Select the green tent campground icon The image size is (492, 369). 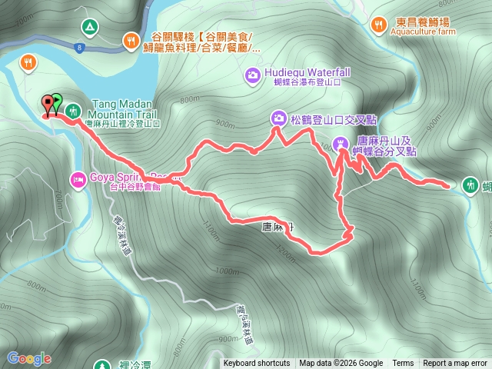click(x=89, y=28)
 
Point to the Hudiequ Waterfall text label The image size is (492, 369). click(x=307, y=72)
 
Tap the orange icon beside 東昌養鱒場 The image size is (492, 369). click(x=377, y=25)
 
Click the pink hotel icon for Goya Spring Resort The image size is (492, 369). click(x=78, y=180)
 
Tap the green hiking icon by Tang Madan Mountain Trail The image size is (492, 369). click(x=72, y=111)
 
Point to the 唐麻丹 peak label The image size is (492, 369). click(x=278, y=227)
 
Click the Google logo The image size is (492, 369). click(x=29, y=358)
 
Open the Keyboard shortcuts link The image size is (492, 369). click(x=257, y=364)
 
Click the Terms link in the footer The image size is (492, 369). click(x=403, y=364)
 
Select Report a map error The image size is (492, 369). click(x=455, y=364)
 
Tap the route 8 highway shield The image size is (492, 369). click(x=79, y=48)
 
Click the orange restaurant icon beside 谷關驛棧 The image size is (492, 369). click(x=131, y=39)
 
